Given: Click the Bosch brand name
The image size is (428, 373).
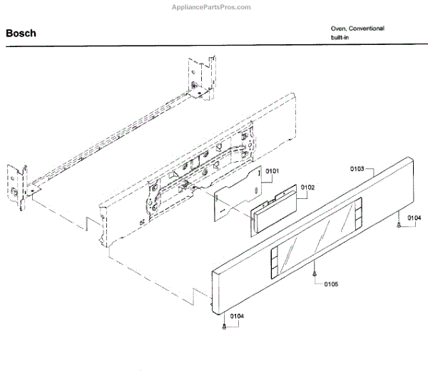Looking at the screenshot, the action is click(x=21, y=34).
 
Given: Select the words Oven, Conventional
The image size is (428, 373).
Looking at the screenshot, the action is click(x=357, y=29).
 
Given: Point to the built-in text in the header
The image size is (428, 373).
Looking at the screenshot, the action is click(x=341, y=37).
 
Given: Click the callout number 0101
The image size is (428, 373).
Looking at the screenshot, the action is click(x=272, y=172).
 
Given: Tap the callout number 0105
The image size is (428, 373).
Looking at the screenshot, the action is click(x=330, y=284).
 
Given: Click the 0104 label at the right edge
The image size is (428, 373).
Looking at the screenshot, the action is click(x=414, y=218).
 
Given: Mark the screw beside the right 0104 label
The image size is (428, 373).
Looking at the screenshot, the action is click(x=397, y=225).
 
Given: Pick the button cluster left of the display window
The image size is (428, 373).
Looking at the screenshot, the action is click(x=273, y=262).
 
